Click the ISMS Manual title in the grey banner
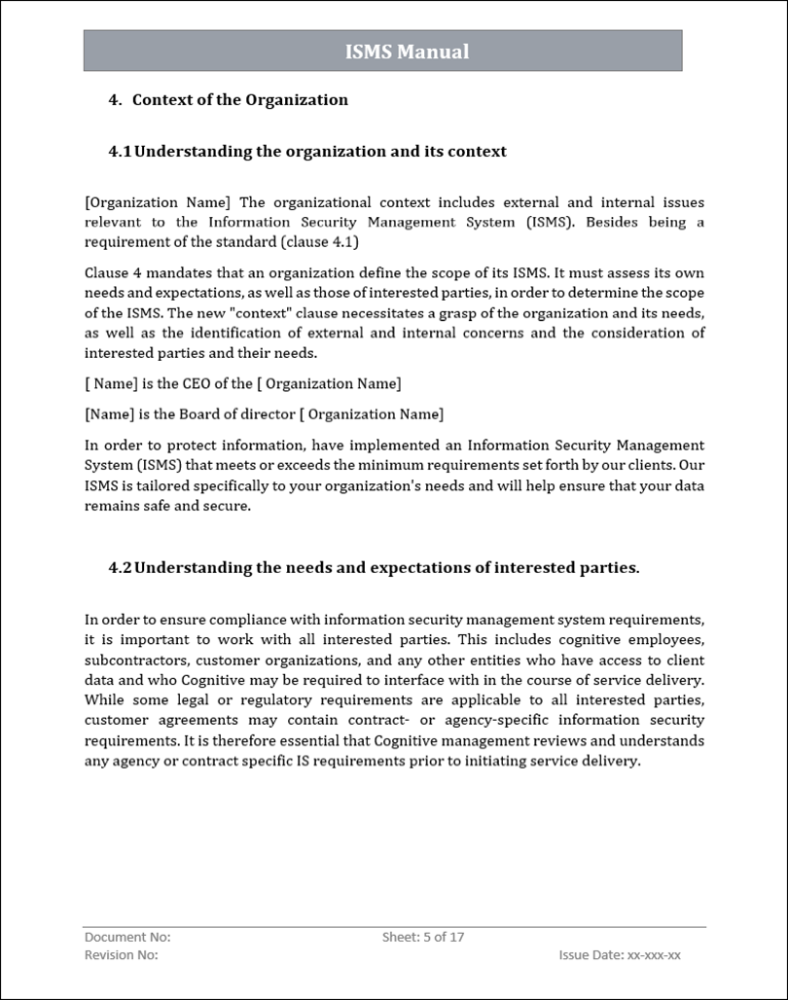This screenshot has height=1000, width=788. (407, 52)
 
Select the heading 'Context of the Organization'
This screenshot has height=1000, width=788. (239, 99)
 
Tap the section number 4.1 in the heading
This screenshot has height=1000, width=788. (120, 151)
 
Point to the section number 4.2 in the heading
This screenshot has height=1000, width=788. (120, 567)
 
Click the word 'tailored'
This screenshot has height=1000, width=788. (157, 485)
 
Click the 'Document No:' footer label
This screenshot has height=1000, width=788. (127, 937)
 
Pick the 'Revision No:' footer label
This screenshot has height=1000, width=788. (122, 955)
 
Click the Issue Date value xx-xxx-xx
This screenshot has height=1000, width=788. (654, 955)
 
